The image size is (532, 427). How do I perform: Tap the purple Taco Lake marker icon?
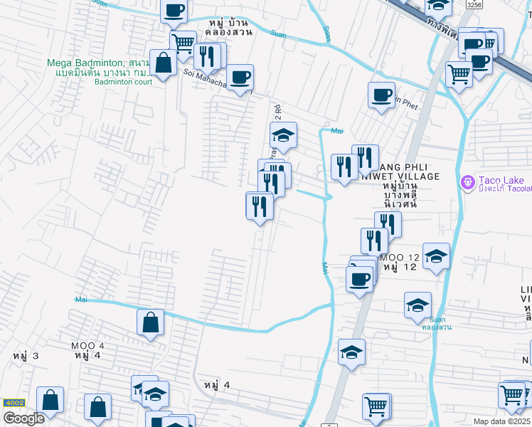(467, 183)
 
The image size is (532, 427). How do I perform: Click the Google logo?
(23, 418)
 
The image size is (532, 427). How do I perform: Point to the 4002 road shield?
(14, 403)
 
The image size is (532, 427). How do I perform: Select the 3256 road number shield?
(474, 4)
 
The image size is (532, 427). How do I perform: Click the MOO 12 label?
(400, 257)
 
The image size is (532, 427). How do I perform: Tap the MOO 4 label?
(87, 346)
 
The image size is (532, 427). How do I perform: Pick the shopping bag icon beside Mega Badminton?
(163, 63)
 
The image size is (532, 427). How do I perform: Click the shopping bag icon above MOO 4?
(151, 322)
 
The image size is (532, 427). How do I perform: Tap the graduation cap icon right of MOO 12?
(436, 255)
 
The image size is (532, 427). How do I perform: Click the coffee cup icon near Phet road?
(382, 94)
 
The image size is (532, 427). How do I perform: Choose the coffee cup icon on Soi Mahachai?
(240, 76)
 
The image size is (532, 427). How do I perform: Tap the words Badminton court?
(124, 81)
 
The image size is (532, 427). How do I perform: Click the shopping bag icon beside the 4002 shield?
(50, 400)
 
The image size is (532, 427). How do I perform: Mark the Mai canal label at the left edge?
(80, 300)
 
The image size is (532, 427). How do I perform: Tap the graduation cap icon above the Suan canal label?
(417, 305)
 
